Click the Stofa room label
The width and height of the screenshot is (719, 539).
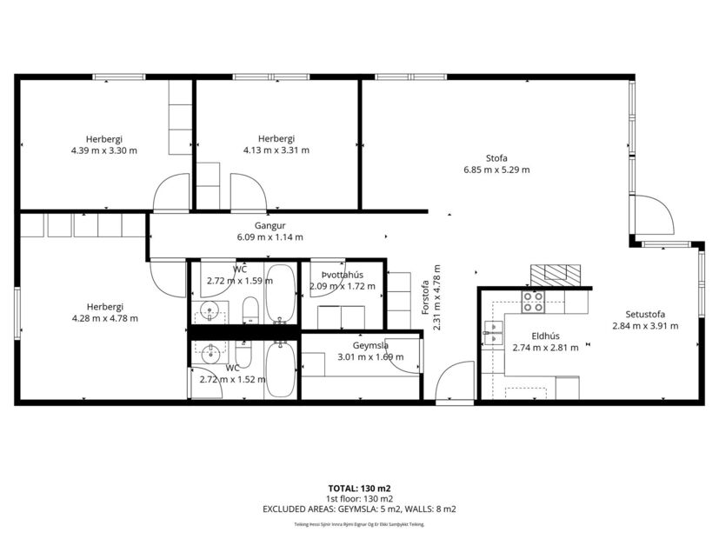[496, 157]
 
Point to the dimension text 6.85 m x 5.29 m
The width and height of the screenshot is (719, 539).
[496, 170]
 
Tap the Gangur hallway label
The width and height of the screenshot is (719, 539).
[269, 225]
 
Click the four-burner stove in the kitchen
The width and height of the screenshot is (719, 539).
[533, 301]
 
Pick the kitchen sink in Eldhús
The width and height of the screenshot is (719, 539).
[493, 329]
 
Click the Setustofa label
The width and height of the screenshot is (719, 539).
[644, 314]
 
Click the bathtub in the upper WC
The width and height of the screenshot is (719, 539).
[280, 292]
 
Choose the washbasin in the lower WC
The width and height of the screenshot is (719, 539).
[210, 352]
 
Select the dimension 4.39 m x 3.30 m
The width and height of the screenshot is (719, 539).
[104, 150]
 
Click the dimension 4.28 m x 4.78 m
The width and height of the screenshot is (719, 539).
[104, 318]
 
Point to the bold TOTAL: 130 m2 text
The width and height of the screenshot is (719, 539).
[359, 489]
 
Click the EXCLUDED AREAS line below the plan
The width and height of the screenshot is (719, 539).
[359, 509]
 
